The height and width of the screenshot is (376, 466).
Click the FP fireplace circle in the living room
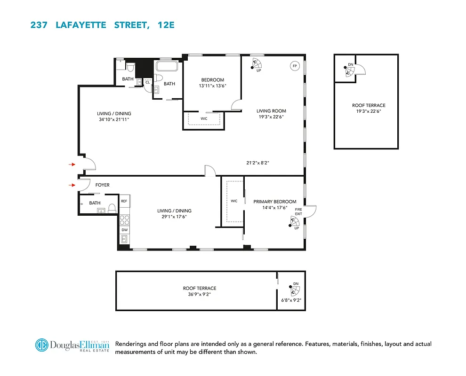pos(295,66)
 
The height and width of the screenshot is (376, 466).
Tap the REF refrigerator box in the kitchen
pos(124,201)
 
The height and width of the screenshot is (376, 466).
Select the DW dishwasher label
pos(124,230)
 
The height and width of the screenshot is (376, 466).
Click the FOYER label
pos(102,185)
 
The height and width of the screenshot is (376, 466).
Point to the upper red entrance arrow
pos(72,164)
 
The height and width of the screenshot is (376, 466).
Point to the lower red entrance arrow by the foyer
pos(72,185)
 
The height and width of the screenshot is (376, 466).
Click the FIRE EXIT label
pos(298,211)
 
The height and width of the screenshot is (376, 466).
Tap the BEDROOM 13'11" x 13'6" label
pos(212,83)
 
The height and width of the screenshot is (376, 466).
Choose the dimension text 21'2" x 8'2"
pos(257,163)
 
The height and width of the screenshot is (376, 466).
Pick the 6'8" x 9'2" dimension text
pos(290,300)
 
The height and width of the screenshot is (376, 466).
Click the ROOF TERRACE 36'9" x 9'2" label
pos(200,291)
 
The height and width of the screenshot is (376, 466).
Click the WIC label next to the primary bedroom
pos(234,201)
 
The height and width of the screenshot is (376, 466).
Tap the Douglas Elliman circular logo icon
pos(41,345)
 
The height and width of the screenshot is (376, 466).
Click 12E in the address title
pos(165,25)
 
